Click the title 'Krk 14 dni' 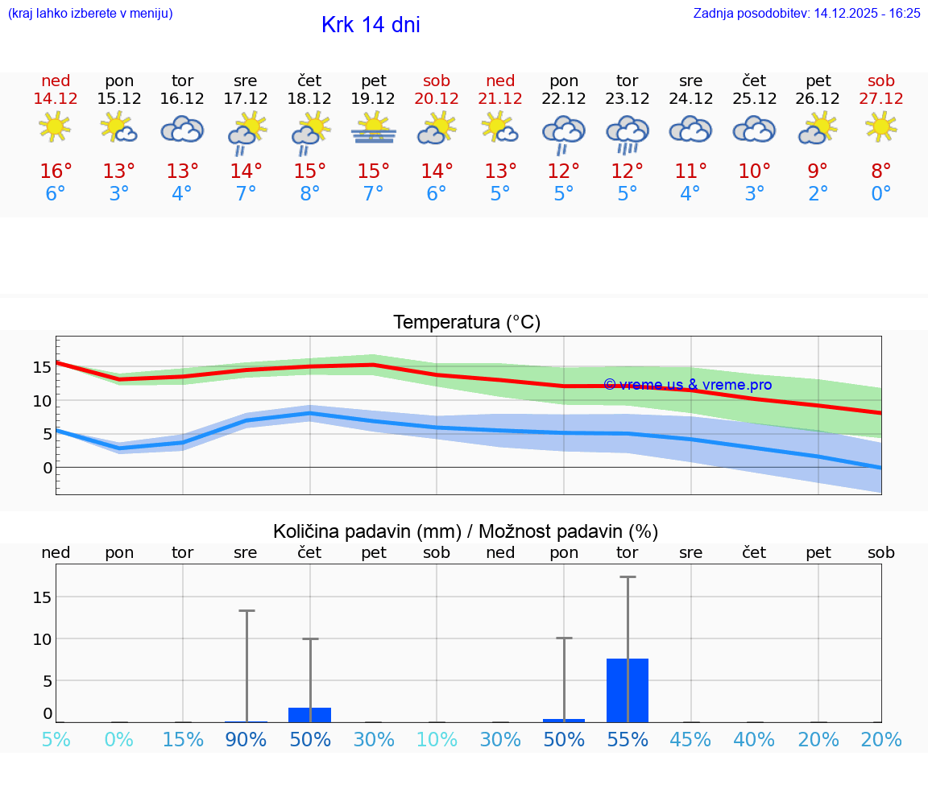[x=371, y=25]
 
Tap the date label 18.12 [x=309, y=98]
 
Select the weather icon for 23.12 [x=628, y=132]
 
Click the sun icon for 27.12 [x=880, y=126]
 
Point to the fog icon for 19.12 [x=373, y=129]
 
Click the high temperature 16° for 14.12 [x=56, y=171]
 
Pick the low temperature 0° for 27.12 [x=880, y=194]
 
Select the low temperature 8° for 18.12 [x=309, y=194]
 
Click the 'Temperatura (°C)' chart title [x=466, y=323]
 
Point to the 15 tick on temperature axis [x=43, y=366]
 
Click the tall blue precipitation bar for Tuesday [x=628, y=690]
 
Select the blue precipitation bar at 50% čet [x=309, y=714]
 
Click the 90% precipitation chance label [x=246, y=739]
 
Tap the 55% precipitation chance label [x=628, y=739]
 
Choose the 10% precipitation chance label [x=437, y=739]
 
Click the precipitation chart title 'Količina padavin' [x=466, y=531]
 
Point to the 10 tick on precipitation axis [x=43, y=638]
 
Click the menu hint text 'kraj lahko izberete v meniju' [x=90, y=13]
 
